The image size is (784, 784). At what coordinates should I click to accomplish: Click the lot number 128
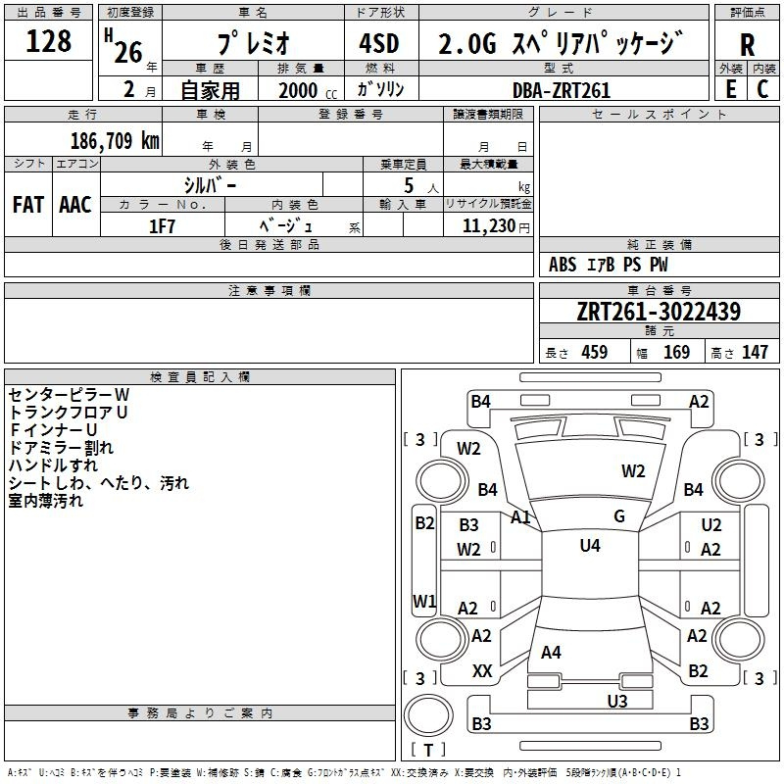click(x=48, y=41)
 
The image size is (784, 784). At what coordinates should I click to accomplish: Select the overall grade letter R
click(x=747, y=45)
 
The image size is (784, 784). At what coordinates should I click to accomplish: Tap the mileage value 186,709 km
click(x=115, y=140)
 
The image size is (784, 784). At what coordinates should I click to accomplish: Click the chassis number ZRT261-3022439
click(x=659, y=311)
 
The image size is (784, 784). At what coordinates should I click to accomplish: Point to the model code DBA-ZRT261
click(x=562, y=90)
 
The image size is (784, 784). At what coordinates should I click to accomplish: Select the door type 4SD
click(x=379, y=43)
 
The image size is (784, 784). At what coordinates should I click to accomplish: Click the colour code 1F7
click(x=162, y=226)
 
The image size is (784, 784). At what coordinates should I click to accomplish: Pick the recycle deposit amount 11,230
click(x=488, y=225)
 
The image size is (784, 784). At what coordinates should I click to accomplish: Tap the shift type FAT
click(x=28, y=205)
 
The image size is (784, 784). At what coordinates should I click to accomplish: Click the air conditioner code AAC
click(x=75, y=205)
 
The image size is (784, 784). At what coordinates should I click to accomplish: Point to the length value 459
click(x=595, y=352)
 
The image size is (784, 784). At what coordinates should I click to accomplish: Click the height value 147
click(x=755, y=352)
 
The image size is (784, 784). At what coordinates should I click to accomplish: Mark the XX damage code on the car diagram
click(x=482, y=671)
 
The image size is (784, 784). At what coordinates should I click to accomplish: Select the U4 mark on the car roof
click(x=590, y=545)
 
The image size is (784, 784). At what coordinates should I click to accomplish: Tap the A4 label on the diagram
click(x=551, y=652)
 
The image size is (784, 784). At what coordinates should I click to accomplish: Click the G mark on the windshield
click(x=619, y=516)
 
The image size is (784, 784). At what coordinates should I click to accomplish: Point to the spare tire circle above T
click(x=428, y=714)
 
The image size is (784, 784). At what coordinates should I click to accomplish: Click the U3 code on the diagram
click(x=617, y=701)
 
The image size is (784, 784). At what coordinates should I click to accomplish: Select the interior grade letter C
click(x=762, y=89)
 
